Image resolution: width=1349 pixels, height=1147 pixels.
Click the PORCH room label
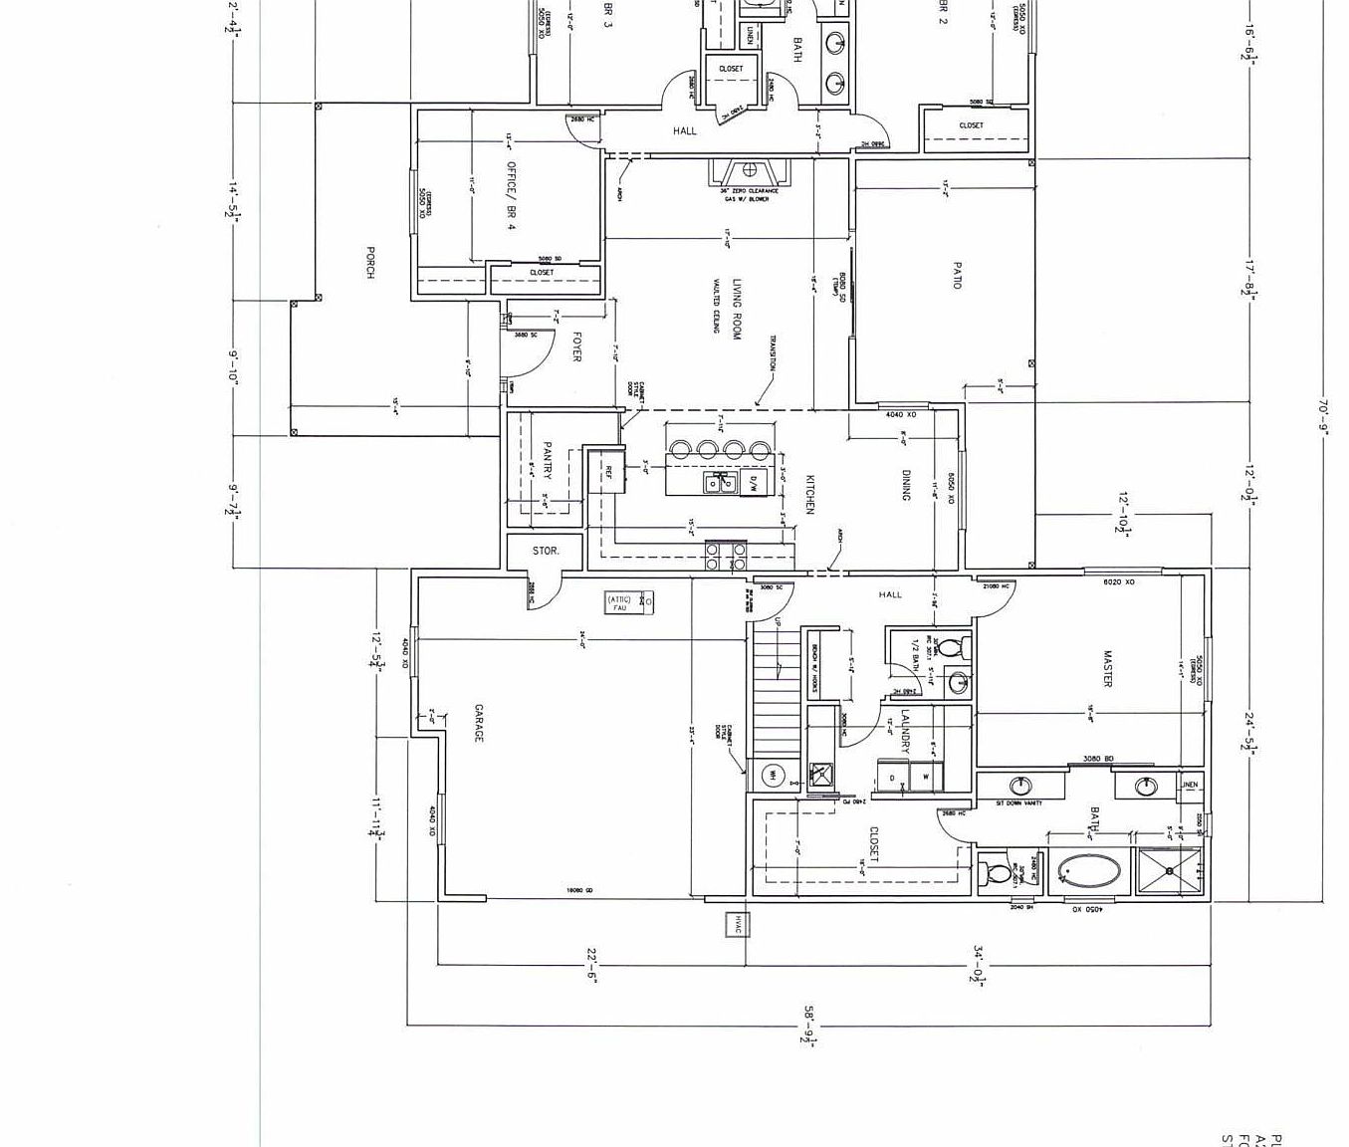point(370,263)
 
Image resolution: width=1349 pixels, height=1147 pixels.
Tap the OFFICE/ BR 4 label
point(511,195)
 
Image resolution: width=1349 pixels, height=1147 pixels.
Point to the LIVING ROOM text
point(737,310)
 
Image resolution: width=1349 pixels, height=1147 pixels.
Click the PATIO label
point(957,276)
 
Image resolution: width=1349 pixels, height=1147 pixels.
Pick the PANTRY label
point(547,461)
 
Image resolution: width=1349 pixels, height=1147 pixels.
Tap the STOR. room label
point(546,551)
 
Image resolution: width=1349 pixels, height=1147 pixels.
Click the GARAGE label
point(478,723)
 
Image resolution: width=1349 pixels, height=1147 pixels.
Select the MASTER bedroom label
point(1107,668)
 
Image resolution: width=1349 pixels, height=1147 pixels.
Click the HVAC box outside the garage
point(738,924)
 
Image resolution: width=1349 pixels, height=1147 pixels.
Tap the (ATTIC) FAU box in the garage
point(629,602)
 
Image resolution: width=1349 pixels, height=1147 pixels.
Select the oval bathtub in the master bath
point(1087,873)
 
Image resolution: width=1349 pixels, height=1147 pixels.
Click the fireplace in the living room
point(750,170)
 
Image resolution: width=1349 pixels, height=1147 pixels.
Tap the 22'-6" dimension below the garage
point(591,965)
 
